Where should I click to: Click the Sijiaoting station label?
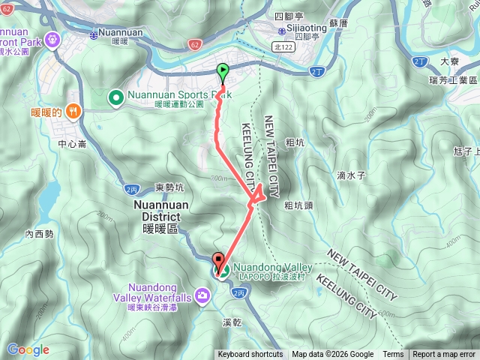[305, 27]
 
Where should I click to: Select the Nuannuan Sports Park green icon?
[116, 97]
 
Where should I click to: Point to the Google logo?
[28, 349]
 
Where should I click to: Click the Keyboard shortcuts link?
[250, 355]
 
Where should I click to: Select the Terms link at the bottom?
[393, 355]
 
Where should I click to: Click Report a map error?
[445, 355]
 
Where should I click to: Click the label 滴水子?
[350, 175]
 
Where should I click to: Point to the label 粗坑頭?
[298, 205]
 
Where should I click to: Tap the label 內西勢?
[39, 234]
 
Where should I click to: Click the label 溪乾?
[231, 323]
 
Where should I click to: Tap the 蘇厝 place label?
[339, 24]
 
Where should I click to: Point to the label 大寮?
[450, 61]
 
